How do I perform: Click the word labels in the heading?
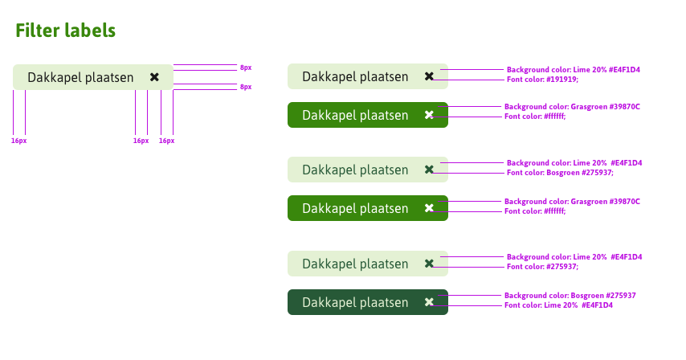(x=92, y=31)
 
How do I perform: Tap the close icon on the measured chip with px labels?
(x=154, y=77)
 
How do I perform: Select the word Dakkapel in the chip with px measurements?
(x=55, y=77)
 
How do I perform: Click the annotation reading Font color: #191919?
(x=542, y=80)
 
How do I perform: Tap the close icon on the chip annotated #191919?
(x=429, y=76)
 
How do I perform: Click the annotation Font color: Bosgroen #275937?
(x=560, y=173)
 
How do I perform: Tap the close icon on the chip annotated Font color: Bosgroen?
(x=429, y=170)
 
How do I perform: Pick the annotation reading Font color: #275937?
(x=542, y=267)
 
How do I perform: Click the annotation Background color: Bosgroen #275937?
(x=570, y=296)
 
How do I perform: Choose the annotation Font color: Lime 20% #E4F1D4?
(x=558, y=305)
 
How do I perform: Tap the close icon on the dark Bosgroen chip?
(x=429, y=302)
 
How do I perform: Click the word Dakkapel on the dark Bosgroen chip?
(x=329, y=302)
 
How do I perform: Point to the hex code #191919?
(x=562, y=80)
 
